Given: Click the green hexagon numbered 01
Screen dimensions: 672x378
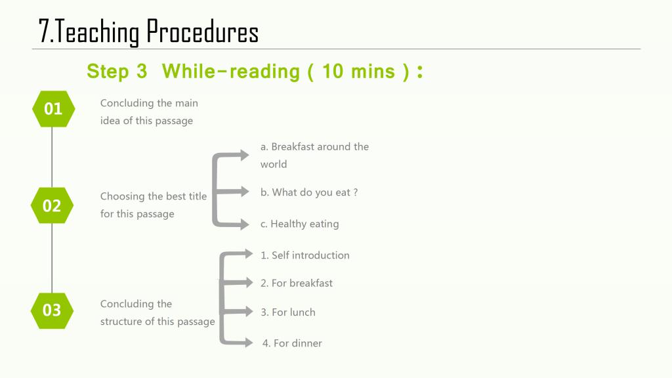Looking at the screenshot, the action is pyautogui.click(x=54, y=109).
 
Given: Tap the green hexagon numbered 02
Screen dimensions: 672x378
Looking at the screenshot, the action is pyautogui.click(x=52, y=205).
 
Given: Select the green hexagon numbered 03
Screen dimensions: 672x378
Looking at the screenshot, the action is pyautogui.click(x=52, y=310).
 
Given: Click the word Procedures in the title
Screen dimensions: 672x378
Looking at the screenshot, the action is pyautogui.click(x=202, y=31).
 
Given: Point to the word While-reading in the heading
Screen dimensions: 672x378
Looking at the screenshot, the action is pyautogui.click(x=230, y=71).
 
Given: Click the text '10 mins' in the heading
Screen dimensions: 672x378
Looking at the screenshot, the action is pyautogui.click(x=358, y=71).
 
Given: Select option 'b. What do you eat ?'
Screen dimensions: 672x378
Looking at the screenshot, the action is pyautogui.click(x=309, y=192).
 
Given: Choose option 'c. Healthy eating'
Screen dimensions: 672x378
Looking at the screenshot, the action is pyautogui.click(x=299, y=224).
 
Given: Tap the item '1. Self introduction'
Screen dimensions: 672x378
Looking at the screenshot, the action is pyautogui.click(x=305, y=255).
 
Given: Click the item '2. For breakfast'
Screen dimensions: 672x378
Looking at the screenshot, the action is pyautogui.click(x=297, y=283).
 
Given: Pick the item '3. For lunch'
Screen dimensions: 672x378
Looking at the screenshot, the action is pyautogui.click(x=288, y=312).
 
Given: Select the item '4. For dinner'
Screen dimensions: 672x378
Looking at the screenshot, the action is pyautogui.click(x=292, y=343).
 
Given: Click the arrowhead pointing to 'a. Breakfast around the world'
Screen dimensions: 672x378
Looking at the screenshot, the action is pyautogui.click(x=244, y=155).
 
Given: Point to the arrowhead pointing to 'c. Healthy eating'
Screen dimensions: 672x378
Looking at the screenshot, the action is pyautogui.click(x=244, y=224).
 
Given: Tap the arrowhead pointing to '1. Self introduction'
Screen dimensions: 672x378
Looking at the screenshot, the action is pyautogui.click(x=249, y=254).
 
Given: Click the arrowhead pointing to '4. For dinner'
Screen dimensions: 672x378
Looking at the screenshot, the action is pyautogui.click(x=249, y=342).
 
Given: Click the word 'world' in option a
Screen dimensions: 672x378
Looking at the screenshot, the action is pyautogui.click(x=274, y=164).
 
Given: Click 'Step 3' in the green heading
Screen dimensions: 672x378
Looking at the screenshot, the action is pyautogui.click(x=117, y=71).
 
